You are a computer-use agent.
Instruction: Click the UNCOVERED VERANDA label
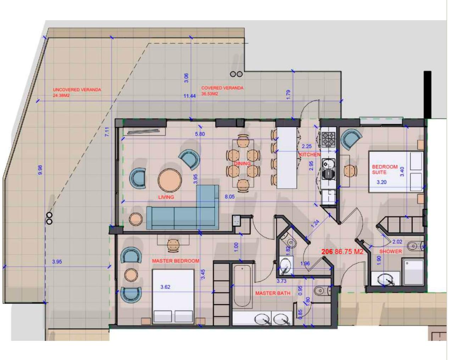(x=77, y=90)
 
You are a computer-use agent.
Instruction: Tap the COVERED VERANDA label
(x=222, y=88)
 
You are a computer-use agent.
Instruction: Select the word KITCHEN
(x=310, y=154)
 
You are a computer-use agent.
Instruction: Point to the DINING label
(x=242, y=164)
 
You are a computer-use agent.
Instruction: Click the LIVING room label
(x=166, y=197)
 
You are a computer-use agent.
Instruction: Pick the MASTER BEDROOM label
(x=175, y=261)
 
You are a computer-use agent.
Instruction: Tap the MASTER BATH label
(x=273, y=293)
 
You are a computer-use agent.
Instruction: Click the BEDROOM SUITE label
(x=385, y=169)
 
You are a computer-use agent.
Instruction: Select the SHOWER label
(x=391, y=251)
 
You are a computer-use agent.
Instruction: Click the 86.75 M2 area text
(x=349, y=252)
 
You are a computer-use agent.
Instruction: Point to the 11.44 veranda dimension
(x=190, y=96)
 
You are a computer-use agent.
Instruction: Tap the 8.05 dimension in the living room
(x=230, y=197)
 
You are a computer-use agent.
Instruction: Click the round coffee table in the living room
(x=170, y=180)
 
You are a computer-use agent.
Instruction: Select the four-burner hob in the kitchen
(x=329, y=139)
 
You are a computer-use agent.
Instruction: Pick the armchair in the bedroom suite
(x=351, y=139)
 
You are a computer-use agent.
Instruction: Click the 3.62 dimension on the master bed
(x=165, y=287)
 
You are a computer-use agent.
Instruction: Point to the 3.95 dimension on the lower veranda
(x=57, y=262)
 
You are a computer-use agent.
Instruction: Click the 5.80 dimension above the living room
(x=200, y=134)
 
